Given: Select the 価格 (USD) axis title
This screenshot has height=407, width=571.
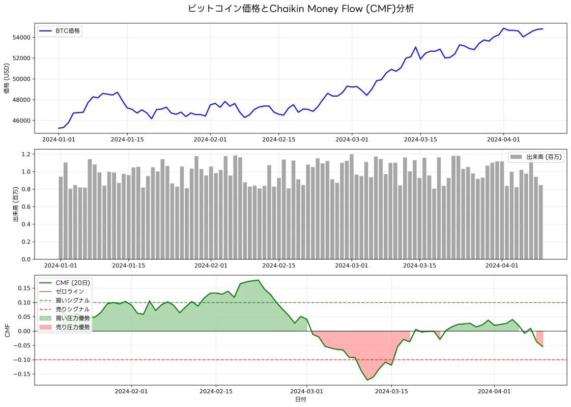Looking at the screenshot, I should [7, 78].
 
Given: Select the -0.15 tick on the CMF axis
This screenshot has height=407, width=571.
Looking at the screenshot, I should [22, 374].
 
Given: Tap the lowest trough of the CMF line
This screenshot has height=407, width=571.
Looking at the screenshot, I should [367, 380].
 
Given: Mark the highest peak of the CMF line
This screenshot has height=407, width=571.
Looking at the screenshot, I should [259, 280].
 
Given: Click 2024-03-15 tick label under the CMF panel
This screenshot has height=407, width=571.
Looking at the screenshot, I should [391, 391].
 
